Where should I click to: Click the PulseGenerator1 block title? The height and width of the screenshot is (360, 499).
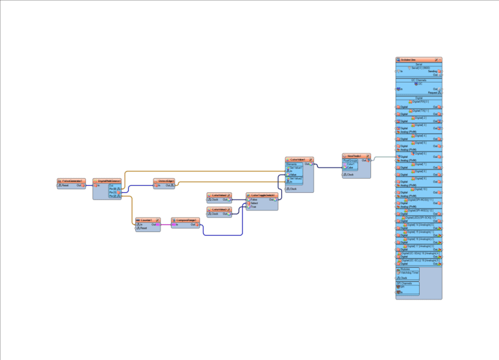[72, 180]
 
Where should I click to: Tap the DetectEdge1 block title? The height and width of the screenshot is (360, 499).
[164, 180]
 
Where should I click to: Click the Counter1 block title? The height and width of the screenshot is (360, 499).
[146, 220]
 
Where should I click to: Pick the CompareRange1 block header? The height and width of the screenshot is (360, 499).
[185, 220]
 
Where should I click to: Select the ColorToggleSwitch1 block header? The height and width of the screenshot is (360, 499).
[262, 194]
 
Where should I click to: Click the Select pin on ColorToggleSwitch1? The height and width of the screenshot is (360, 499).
[254, 203]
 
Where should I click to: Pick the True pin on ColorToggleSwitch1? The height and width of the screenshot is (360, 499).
[253, 207]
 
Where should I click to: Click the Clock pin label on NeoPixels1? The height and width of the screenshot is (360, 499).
[350, 174]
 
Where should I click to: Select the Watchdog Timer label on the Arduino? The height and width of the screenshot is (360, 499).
[408, 273]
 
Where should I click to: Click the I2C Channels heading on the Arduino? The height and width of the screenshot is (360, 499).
[418, 80]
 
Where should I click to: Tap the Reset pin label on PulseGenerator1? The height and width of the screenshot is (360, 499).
[66, 185]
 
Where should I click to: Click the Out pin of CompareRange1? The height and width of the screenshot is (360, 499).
[193, 225]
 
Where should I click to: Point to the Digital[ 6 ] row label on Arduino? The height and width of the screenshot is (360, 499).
[419, 153]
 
